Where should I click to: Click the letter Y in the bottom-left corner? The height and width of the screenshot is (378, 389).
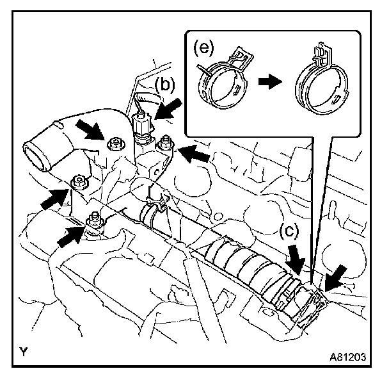point(23,352)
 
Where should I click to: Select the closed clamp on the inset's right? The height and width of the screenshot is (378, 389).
point(323,80)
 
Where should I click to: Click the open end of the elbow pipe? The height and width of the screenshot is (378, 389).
point(35,154)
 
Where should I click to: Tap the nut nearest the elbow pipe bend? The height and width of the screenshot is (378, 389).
point(116,142)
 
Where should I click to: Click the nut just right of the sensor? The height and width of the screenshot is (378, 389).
point(165,141)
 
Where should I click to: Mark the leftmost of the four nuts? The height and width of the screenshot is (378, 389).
point(78,182)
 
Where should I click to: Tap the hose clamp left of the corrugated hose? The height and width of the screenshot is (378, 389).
point(153,211)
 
